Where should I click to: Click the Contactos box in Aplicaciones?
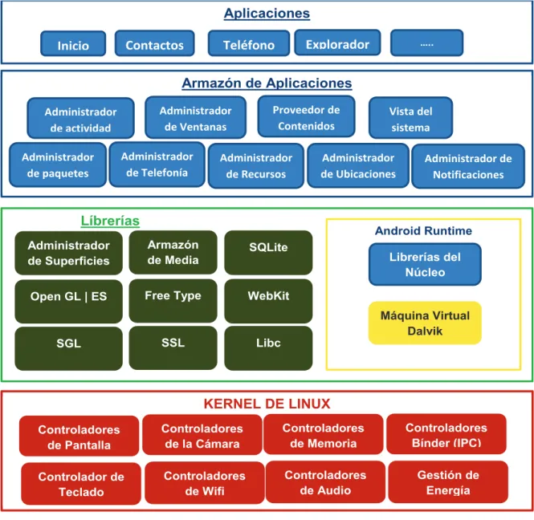coord(155,43)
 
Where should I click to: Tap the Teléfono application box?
coord(249,43)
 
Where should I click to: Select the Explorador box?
coord(337,43)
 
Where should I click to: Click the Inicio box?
coord(73,43)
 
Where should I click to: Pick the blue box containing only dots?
coord(426,43)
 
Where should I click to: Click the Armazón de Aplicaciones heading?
coord(267,83)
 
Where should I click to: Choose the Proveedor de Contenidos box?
coord(306,116)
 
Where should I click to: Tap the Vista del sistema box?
coord(410,118)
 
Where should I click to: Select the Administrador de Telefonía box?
coord(157,165)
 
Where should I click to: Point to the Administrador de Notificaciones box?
coord(468,166)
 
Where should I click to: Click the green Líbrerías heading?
coord(110,221)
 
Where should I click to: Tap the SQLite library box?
coord(268,253)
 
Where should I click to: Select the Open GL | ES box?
coord(69,301)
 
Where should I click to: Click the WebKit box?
coord(268,301)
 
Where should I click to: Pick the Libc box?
coord(268,348)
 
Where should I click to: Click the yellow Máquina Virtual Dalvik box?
coord(425,323)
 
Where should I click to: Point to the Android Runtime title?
coord(423,231)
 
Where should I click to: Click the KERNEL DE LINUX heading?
coord(267,404)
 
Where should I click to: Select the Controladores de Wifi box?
coord(205,483)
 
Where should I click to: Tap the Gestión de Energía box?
coord(448,482)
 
